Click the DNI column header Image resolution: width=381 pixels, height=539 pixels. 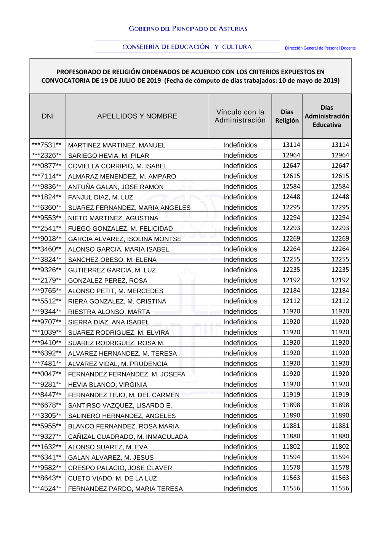pos(48,116)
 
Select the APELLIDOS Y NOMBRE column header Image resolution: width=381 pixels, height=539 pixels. pos(137,116)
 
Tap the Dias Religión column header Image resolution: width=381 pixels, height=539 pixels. pos(287,116)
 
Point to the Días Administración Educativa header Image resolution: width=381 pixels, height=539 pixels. pos(327,116)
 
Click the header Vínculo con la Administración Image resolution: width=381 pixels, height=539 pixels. pos(240,116)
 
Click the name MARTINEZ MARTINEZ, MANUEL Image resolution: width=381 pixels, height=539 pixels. pos(117,145)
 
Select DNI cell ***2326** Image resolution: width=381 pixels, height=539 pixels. pos(47,156)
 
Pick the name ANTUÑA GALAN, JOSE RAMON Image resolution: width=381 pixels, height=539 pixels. pos(116,187)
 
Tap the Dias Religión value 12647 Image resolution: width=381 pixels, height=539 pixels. pos(291,166)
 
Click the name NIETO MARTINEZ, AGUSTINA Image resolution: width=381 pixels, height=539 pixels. pos(113,218)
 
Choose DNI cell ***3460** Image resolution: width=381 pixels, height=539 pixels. pos(47,249)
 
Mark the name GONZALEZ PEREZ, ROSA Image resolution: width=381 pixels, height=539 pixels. pos(107,281)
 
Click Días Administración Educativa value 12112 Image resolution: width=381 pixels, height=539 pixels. pos(340,301)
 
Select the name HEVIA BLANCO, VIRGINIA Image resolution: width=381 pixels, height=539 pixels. pos(107,385)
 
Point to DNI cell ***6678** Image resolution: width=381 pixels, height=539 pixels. pos(47,405)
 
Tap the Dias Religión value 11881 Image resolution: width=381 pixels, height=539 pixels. pos(291,426)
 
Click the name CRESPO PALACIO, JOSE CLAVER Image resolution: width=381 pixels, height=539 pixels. pos(120,468)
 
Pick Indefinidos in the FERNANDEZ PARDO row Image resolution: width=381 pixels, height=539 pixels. pos(240,488)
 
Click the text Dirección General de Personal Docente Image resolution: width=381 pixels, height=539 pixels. pos(320,48)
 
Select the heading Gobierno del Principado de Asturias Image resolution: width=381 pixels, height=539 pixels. pos(188,29)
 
